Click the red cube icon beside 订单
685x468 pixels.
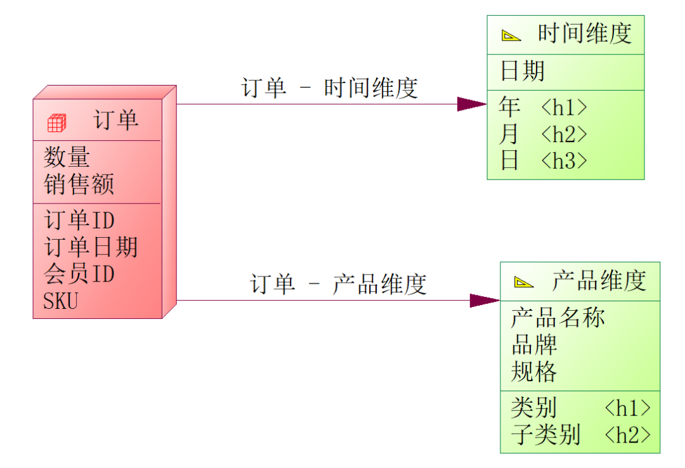point(57,122)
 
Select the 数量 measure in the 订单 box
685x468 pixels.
point(67,157)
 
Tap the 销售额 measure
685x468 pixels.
point(79,185)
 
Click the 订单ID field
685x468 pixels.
point(79,220)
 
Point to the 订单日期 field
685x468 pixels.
point(91,247)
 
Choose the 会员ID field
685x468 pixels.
point(79,273)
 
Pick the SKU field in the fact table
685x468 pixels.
point(61,301)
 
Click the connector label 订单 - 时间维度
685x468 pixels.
point(330,88)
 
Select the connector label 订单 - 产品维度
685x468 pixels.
point(338,284)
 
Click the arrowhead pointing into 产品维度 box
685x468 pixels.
point(485,301)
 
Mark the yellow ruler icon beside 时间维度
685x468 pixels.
point(511,36)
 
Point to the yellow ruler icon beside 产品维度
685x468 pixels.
point(524,282)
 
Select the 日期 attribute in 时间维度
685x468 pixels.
point(522,71)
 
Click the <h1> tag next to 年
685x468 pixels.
point(564,108)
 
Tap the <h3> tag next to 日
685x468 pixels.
point(564,161)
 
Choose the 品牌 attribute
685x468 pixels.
point(534,344)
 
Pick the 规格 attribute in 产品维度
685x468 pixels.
point(534,371)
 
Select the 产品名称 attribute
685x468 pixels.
point(558,317)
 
